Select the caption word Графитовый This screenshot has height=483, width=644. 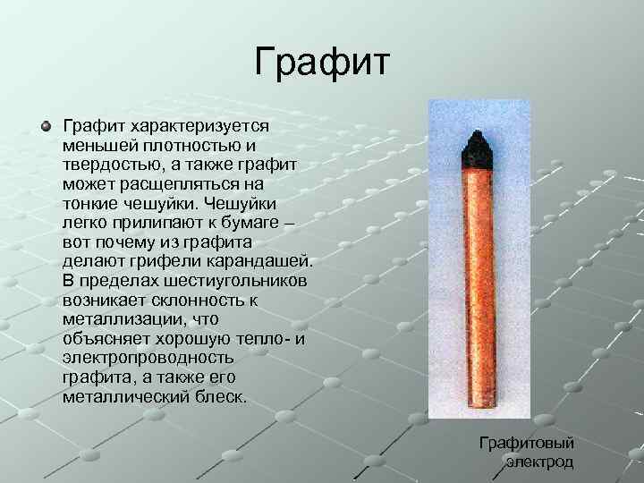click(x=526, y=443)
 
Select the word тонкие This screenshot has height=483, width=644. click(x=92, y=203)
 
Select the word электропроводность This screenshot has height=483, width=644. click(x=148, y=358)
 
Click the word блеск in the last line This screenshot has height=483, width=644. click(x=220, y=396)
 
